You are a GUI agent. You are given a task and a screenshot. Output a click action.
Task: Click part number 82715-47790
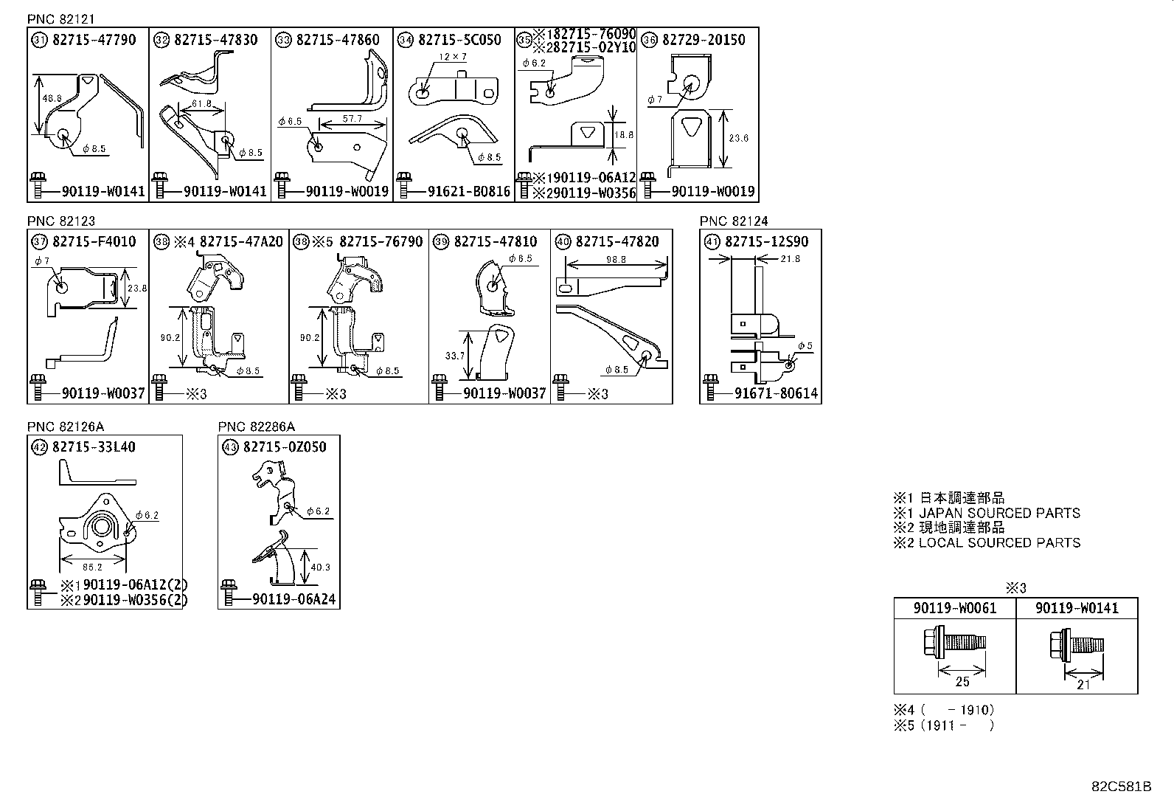(94, 40)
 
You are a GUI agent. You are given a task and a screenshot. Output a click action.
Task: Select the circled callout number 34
(405, 40)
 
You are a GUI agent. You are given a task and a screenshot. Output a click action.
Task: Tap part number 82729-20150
(704, 40)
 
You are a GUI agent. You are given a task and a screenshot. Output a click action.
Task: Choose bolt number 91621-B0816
(469, 192)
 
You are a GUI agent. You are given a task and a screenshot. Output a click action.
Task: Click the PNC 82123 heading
(61, 221)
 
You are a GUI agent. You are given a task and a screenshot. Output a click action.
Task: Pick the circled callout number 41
(712, 241)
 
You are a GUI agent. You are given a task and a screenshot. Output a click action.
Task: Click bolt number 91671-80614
(776, 393)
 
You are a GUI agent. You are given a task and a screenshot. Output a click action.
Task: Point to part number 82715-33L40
(94, 446)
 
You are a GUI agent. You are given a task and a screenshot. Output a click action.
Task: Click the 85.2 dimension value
(92, 567)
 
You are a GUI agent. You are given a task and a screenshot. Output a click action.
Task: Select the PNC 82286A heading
(256, 427)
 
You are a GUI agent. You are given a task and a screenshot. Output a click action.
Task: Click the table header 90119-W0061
(955, 608)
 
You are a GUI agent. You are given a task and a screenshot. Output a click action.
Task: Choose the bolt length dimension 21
(1083, 683)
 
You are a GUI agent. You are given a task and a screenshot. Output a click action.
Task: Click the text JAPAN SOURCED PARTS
(999, 513)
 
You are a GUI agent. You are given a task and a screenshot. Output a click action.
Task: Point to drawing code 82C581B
(1122, 787)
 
